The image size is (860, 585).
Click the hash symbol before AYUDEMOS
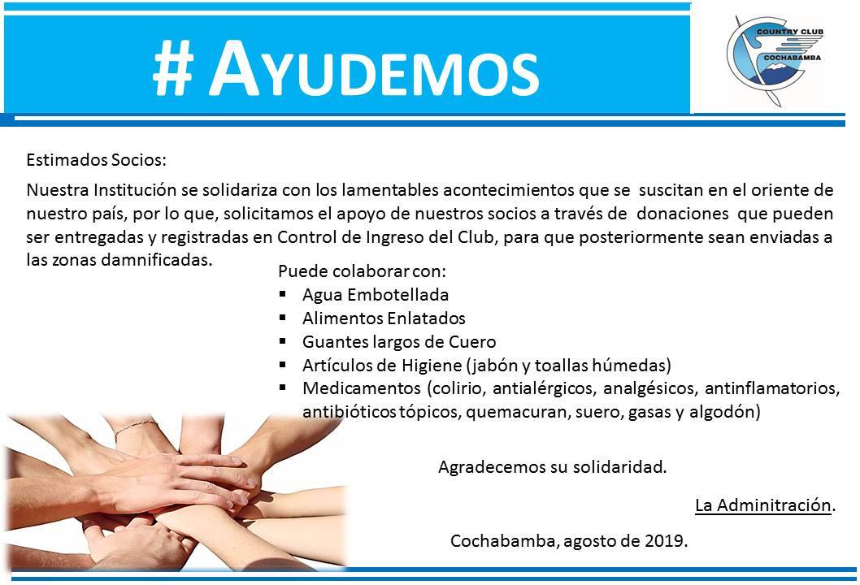click(173, 69)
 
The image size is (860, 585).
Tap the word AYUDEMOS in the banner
click(374, 69)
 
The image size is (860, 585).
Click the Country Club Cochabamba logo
click(775, 60)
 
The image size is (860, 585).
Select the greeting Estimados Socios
click(96, 160)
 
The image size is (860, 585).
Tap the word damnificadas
click(157, 259)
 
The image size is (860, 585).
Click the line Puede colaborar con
click(362, 271)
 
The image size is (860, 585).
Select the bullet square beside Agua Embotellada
click(282, 294)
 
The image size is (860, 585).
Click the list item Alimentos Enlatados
click(384, 318)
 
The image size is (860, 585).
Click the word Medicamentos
click(362, 388)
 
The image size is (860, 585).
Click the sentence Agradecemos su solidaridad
click(552, 467)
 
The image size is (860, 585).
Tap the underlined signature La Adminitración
click(763, 505)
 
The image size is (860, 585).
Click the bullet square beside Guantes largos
click(282, 341)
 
